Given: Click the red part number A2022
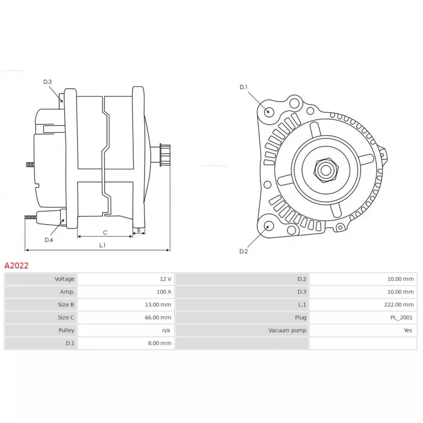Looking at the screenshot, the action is click(x=16, y=265).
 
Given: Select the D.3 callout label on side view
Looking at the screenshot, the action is click(x=48, y=82).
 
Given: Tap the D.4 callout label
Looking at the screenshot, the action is click(x=49, y=240).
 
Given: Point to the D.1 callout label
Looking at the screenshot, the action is click(x=243, y=87).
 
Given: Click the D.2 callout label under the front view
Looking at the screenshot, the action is click(x=243, y=251).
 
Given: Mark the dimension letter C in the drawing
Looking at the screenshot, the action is click(x=105, y=233).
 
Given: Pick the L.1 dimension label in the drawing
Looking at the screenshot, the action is click(x=102, y=245).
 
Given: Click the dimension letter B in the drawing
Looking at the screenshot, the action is click(x=139, y=231).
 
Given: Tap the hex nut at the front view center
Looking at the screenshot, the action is click(x=326, y=170).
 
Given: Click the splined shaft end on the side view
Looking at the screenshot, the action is click(x=164, y=155).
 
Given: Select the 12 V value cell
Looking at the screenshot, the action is click(x=165, y=279).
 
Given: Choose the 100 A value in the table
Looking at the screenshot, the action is click(x=164, y=292).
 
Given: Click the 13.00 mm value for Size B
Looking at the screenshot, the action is click(x=158, y=305).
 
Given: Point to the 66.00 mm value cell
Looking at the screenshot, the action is click(x=158, y=318).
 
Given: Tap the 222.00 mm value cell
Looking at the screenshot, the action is click(x=399, y=305).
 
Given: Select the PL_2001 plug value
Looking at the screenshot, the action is click(x=401, y=318).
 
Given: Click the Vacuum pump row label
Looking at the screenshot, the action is click(x=287, y=330).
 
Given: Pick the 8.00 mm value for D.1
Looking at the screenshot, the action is click(x=160, y=343).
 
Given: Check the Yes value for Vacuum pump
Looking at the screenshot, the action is click(x=408, y=330).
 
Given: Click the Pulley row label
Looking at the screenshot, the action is click(x=67, y=330).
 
